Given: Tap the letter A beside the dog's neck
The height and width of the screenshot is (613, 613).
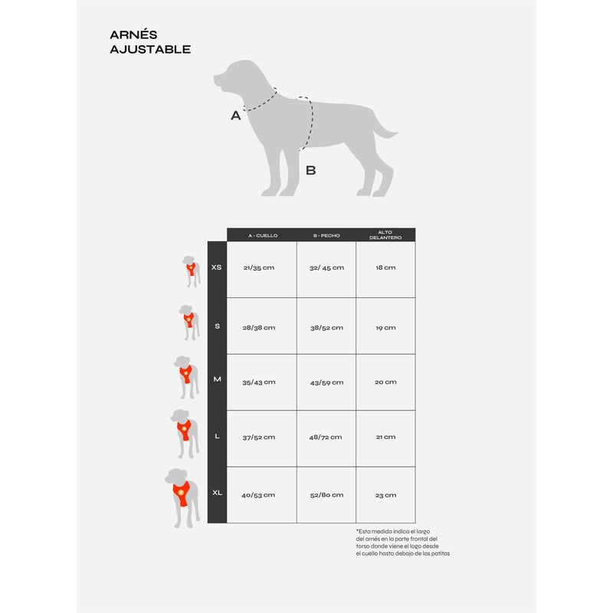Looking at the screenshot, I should (x=236, y=116).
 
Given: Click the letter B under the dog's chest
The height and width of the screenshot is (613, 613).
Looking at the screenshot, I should (x=310, y=170).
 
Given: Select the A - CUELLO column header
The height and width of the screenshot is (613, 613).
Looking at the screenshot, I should (x=261, y=235).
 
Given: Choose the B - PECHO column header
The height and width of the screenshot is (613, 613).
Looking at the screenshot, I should (x=326, y=235).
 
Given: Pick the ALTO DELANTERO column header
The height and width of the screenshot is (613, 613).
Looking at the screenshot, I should (x=385, y=234).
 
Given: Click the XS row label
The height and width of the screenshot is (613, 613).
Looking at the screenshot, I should (x=216, y=267).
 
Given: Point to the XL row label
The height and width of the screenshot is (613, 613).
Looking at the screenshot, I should (x=217, y=494).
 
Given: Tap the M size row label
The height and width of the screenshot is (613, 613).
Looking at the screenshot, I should (x=217, y=381).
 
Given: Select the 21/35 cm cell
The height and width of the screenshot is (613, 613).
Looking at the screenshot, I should (x=259, y=268).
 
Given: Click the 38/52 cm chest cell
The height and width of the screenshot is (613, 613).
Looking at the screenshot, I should (x=326, y=327).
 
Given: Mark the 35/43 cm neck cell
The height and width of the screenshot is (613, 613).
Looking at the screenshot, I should (x=259, y=382).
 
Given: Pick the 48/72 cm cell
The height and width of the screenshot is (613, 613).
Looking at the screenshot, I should (x=326, y=437).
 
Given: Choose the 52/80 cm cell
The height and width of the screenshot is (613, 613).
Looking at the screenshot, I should (x=326, y=495).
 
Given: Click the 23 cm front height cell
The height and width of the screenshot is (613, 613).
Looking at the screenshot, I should (x=385, y=495).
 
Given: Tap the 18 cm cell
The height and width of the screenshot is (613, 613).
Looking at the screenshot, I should (x=385, y=268).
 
